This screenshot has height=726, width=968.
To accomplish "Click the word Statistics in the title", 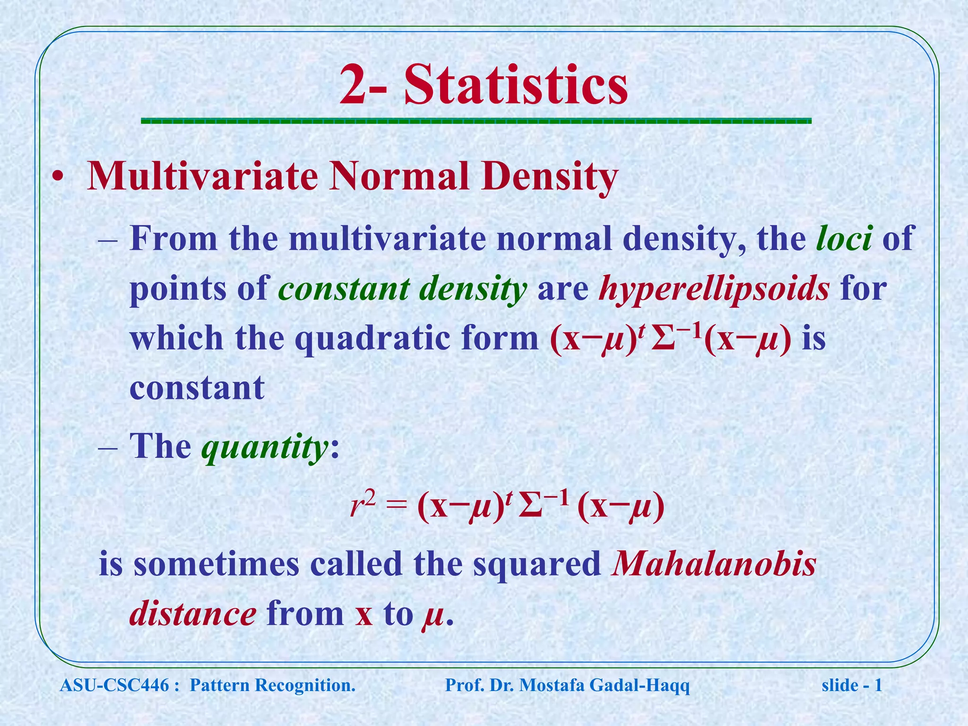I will coord(516,86).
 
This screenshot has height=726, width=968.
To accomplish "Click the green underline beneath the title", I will coord(476,121).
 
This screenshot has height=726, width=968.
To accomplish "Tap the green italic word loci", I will coord(844,238).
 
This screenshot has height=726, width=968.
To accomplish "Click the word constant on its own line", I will coord(197,388).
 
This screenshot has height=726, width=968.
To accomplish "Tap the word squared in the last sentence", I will coord(537,565).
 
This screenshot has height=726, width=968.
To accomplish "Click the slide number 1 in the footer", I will coord(878,685).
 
